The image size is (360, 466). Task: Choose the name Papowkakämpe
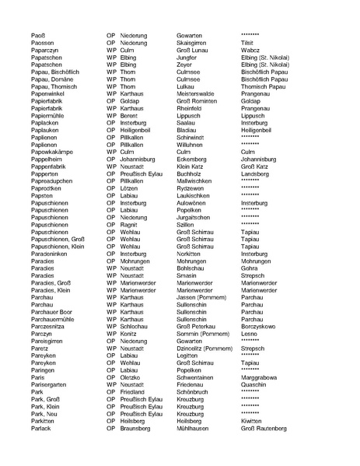click(52, 151)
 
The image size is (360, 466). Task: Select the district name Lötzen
click(129, 187)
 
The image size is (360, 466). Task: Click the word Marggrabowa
click(261, 376)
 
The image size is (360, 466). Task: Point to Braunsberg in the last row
click(136, 426)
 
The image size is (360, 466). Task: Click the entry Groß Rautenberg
click(264, 426)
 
